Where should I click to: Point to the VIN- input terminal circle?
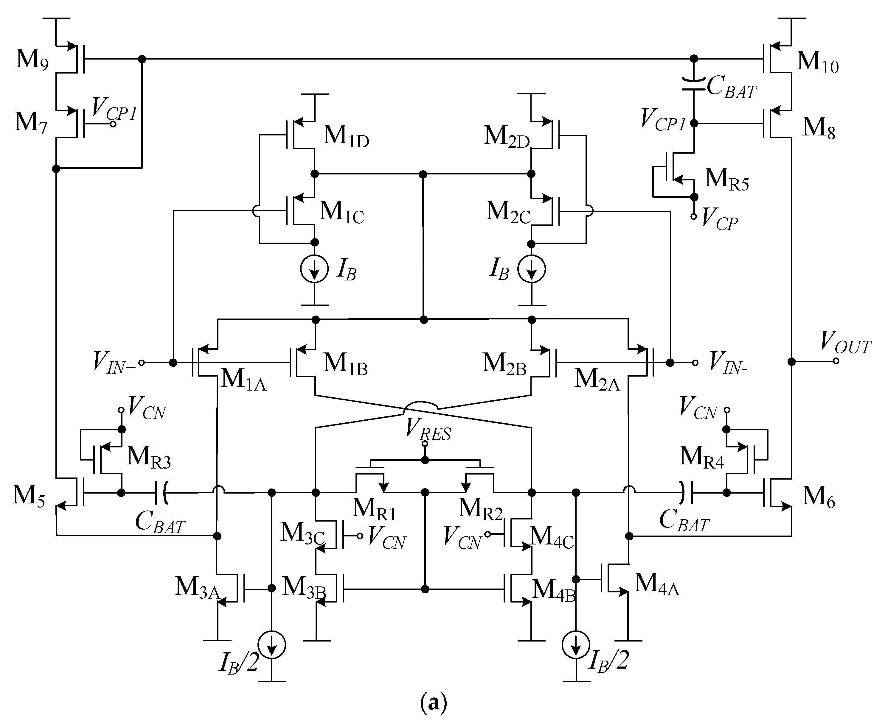tap(695, 363)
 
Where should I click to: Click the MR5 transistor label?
tap(726, 180)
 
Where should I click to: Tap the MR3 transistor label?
tap(149, 457)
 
